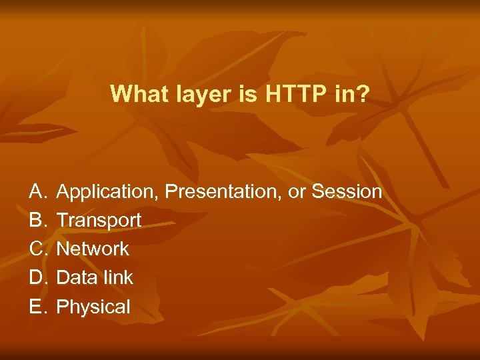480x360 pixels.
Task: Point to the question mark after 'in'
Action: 362,94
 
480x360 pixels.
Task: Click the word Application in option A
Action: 108,192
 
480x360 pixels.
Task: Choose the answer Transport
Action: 99,220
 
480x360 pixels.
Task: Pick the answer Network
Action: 93,249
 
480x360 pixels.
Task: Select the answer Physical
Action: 93,307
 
